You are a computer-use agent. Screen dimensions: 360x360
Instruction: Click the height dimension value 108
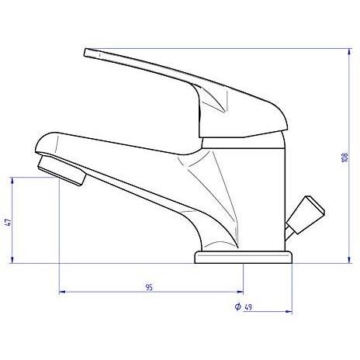pyautogui.click(x=344, y=158)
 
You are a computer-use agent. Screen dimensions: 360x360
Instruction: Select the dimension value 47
pyautogui.click(x=7, y=220)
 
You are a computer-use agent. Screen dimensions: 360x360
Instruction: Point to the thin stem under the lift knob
pyautogui.click(x=291, y=228)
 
